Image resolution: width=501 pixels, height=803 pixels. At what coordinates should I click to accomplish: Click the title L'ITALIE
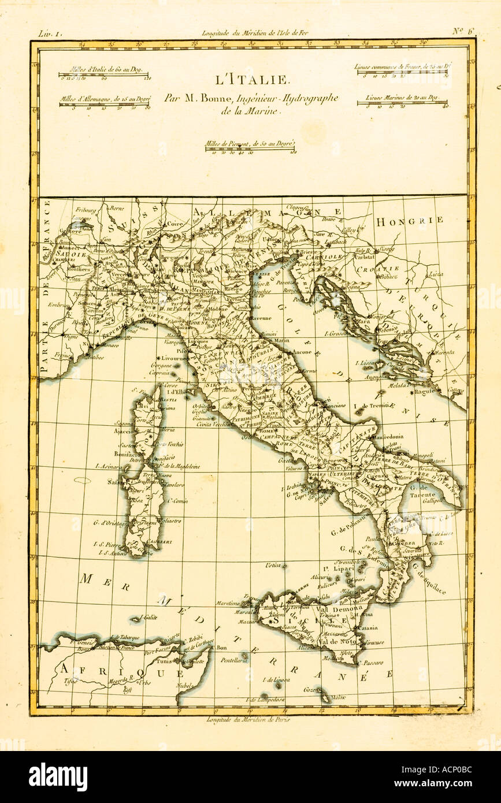[x=251, y=80]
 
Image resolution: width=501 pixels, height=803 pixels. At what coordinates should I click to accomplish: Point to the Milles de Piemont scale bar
[x=251, y=149]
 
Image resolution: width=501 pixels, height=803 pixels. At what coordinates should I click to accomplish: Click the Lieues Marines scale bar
[x=402, y=103]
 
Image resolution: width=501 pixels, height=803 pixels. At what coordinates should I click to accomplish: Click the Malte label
[x=339, y=697]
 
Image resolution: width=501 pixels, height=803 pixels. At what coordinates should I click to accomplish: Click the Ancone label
[x=302, y=351]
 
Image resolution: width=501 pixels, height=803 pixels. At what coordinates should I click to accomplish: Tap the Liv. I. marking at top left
[x=49, y=34]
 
